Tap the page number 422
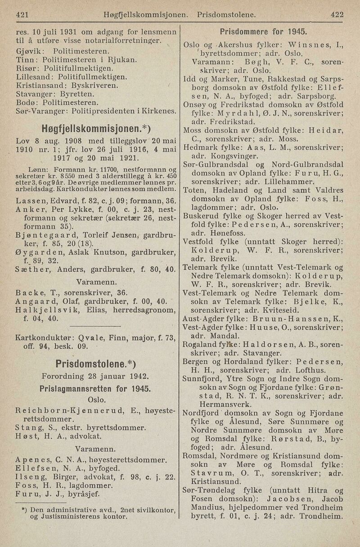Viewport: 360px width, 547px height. [337, 14]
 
